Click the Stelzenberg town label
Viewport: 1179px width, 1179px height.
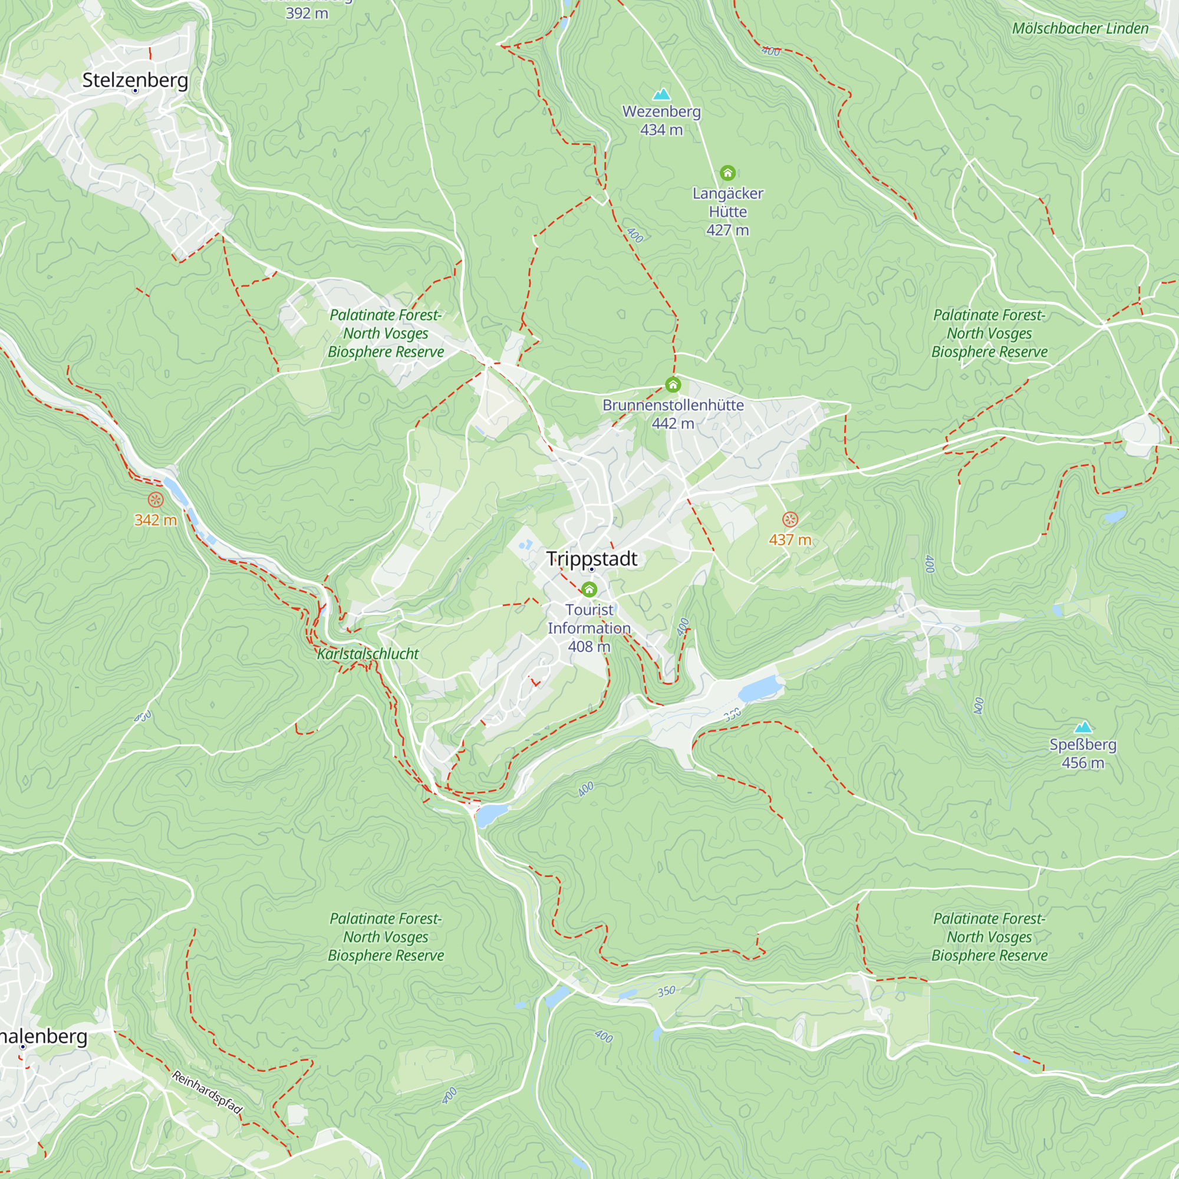pyautogui.click(x=135, y=80)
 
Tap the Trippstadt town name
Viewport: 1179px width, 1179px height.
pyautogui.click(x=591, y=558)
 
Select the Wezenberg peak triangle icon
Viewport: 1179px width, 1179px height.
pyautogui.click(x=661, y=94)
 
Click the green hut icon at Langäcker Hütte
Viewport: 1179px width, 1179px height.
pyautogui.click(x=727, y=173)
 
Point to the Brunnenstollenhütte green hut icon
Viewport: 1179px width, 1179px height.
pyautogui.click(x=673, y=384)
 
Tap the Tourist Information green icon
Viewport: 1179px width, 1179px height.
pyautogui.click(x=589, y=589)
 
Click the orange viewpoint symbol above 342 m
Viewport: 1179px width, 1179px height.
pyautogui.click(x=156, y=500)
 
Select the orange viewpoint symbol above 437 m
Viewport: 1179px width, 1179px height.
pyautogui.click(x=791, y=519)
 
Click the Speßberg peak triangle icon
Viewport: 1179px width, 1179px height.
pyautogui.click(x=1082, y=727)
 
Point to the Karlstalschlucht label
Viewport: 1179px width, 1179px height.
pyautogui.click(x=367, y=654)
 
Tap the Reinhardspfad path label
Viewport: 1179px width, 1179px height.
pyautogui.click(x=208, y=1092)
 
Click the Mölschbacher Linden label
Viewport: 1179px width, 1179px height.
pyautogui.click(x=1079, y=28)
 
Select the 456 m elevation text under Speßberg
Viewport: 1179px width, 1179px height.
pyautogui.click(x=1082, y=763)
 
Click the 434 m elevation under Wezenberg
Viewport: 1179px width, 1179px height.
pyautogui.click(x=661, y=130)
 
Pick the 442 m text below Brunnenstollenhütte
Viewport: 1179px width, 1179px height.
pyautogui.click(x=673, y=423)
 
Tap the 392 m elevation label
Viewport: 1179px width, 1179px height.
pyautogui.click(x=307, y=13)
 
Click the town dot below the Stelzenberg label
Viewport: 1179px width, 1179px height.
pyautogui.click(x=135, y=91)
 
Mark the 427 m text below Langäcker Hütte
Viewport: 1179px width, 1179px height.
pyautogui.click(x=727, y=230)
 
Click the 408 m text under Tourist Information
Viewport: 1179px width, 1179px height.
pyautogui.click(x=589, y=646)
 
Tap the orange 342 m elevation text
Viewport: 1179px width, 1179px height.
pyautogui.click(x=156, y=520)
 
